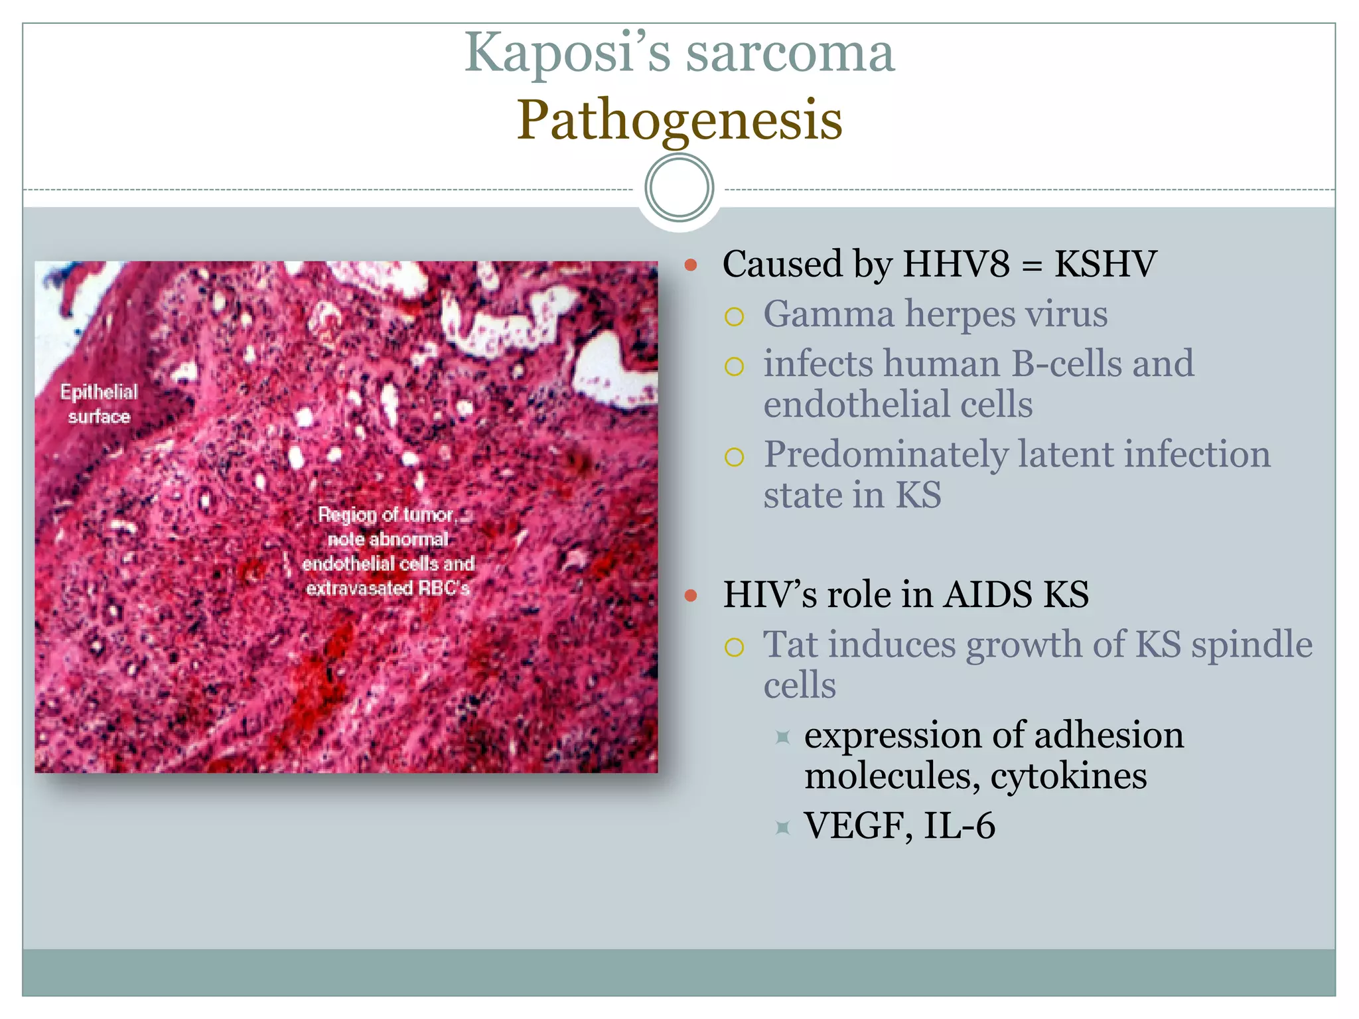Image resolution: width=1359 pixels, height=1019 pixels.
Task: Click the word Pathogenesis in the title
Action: click(x=679, y=121)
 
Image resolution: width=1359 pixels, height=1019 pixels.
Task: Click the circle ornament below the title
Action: click(x=679, y=188)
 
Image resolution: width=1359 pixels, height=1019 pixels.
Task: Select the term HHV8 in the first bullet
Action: click(x=956, y=264)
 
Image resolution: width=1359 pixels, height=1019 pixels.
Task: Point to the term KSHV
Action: click(x=1106, y=264)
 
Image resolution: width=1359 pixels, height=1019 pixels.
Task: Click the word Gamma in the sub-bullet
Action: click(x=828, y=314)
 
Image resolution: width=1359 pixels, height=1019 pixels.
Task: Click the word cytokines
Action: click(x=1068, y=776)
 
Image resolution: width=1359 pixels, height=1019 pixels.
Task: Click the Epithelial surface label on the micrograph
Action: click(x=100, y=404)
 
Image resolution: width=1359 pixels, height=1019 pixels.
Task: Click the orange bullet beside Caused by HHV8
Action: click(x=691, y=266)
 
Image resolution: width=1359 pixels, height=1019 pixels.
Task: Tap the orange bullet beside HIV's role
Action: click(x=691, y=596)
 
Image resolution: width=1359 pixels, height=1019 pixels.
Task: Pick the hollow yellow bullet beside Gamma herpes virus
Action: click(x=734, y=317)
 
